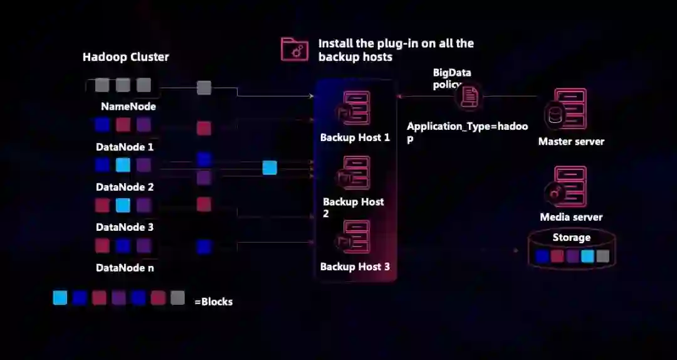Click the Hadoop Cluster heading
125,57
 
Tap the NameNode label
129,107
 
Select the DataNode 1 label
125,147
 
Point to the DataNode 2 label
125,187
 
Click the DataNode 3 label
125,227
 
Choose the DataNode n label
125,268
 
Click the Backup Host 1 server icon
355,109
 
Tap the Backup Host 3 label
355,267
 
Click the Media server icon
570,187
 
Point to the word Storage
571,238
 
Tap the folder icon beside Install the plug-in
295,50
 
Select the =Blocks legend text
213,302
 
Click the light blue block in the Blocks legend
60,297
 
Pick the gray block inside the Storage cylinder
602,256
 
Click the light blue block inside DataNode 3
123,205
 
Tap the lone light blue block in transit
270,167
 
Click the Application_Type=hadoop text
467,132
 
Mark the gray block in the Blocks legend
177,297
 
